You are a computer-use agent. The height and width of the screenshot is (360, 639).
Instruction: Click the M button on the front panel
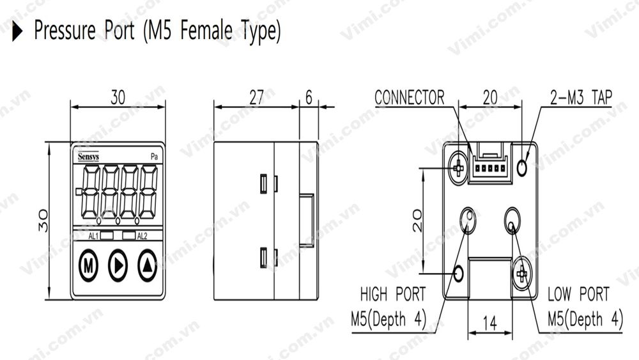[x=88, y=265]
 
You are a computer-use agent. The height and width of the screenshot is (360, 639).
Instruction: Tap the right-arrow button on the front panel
[x=118, y=265]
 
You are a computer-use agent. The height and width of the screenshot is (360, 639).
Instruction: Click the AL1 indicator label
[x=93, y=236]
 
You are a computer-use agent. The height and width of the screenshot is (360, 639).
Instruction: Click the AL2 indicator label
[x=142, y=236]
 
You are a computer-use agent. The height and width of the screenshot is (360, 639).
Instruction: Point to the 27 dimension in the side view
[x=256, y=97]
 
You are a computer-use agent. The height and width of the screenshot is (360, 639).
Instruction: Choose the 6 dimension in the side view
[x=309, y=97]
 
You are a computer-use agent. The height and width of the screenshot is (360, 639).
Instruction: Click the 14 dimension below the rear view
[x=489, y=324]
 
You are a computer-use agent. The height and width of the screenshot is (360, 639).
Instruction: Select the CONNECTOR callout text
[x=409, y=98]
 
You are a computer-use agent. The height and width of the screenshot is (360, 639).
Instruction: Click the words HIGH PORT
[x=392, y=295]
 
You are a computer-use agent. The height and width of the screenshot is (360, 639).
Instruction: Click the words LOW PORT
[x=578, y=295]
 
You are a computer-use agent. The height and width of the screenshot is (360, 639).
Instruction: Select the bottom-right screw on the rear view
[x=522, y=274]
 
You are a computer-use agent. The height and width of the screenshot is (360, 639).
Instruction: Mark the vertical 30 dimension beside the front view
[x=40, y=221]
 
